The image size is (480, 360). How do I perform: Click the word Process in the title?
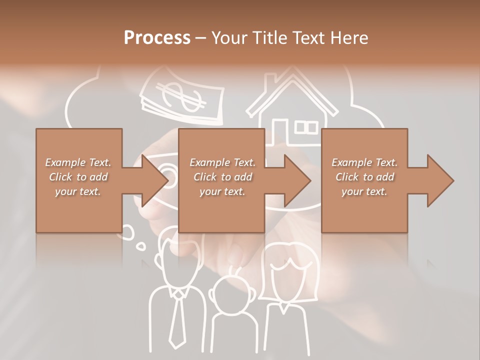[x=157, y=37]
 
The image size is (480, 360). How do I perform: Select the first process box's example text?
[x=78, y=177]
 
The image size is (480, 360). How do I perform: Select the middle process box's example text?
[x=222, y=177]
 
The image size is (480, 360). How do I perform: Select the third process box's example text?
[x=364, y=177]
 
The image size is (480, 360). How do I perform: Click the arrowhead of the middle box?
[x=297, y=180]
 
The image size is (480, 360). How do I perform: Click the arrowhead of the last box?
[x=439, y=180]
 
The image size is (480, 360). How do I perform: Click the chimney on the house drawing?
[x=270, y=82]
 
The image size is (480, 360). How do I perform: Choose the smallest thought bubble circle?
[x=142, y=245]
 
